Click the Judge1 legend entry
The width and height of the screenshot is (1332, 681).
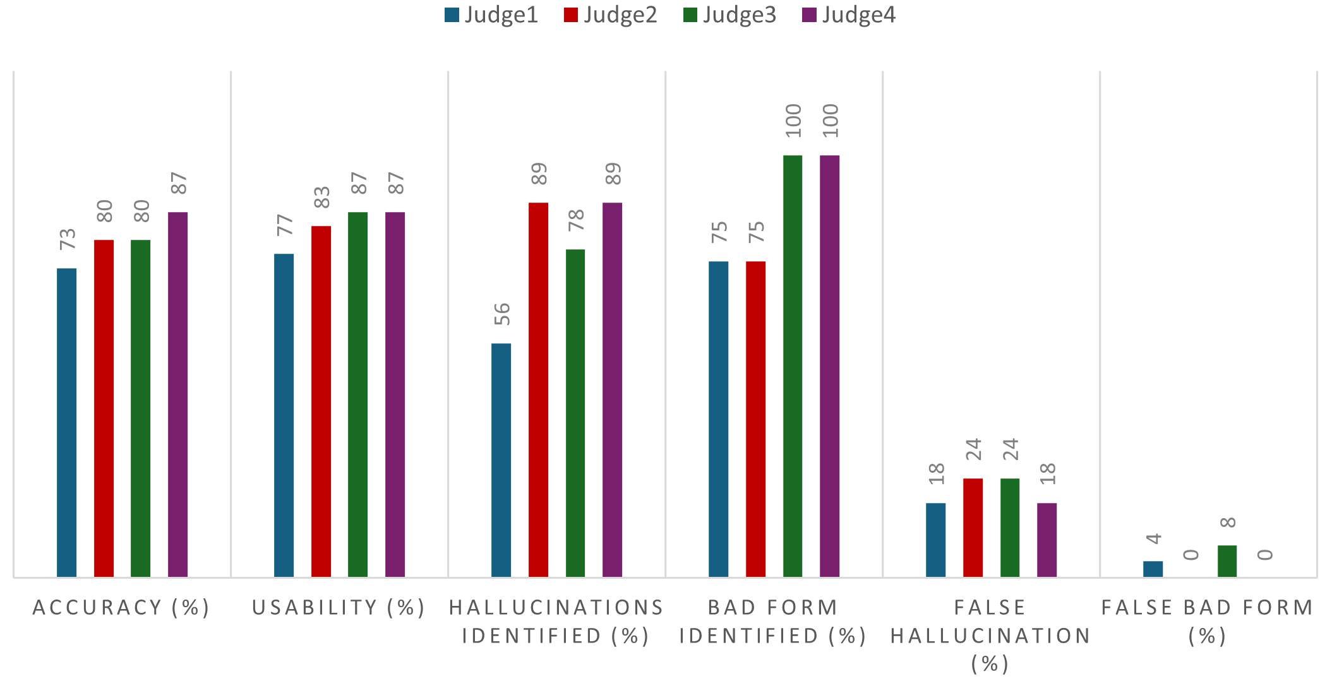[x=491, y=15]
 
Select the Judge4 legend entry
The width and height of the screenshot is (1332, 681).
[x=849, y=15]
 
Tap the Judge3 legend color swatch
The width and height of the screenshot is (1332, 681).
[x=690, y=15]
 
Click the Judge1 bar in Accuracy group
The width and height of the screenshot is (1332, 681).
[x=66, y=422]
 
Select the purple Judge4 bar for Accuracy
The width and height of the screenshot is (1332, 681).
[x=177, y=394]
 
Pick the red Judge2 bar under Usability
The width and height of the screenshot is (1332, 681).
[x=321, y=401]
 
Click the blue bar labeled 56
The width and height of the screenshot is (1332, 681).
[x=501, y=460]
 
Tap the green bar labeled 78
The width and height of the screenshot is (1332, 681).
[x=575, y=413]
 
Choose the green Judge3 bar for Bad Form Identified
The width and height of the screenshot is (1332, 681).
[x=793, y=366]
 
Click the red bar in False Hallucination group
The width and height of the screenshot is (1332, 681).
[x=973, y=528]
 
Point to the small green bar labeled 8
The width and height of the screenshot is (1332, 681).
[x=1227, y=561]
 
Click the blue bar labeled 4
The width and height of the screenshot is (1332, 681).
[x=1153, y=569]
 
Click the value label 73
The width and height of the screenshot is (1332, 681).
[x=68, y=239]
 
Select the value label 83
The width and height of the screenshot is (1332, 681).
[x=322, y=197]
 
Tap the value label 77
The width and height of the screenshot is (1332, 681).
[x=285, y=225]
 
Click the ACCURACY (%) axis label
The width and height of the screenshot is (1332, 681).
[x=121, y=607]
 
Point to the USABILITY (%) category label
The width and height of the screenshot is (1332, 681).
[x=339, y=607]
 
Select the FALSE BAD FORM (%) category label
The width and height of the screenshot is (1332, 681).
[x=1208, y=621]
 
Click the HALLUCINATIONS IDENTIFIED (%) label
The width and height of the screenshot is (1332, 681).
[x=556, y=621]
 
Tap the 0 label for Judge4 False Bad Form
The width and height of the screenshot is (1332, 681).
[x=1264, y=555]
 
